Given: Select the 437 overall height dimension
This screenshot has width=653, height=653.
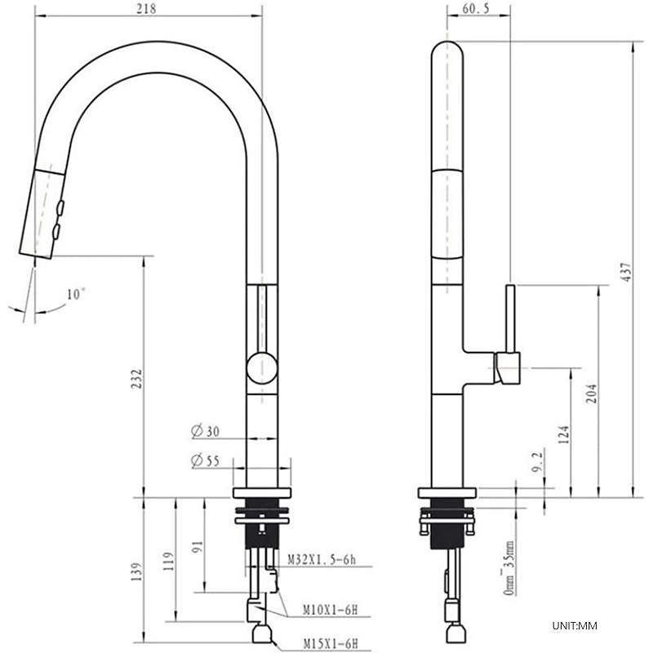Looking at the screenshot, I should point(626,272).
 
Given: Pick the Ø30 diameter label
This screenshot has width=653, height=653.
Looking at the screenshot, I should point(205,431).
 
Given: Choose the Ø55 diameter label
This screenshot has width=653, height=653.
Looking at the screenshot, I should point(205,460).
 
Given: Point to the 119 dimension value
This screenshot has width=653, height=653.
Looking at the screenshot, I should point(168,563).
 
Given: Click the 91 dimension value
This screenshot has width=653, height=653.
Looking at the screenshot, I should point(197,545).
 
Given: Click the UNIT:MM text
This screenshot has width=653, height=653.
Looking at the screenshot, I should point(575,626).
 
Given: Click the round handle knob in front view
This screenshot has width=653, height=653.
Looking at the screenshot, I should point(262,367).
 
